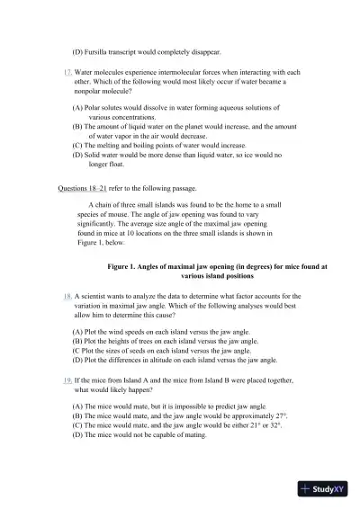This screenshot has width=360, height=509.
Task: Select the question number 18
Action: tap(68, 295)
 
